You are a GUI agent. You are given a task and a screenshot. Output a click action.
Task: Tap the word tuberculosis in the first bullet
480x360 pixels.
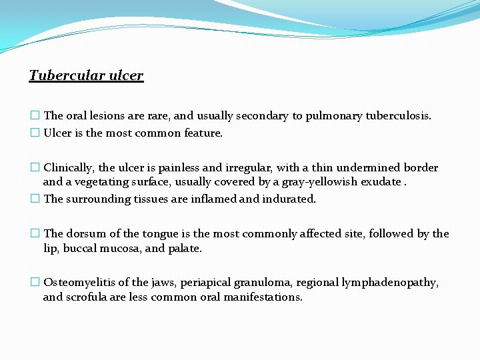point(397,116)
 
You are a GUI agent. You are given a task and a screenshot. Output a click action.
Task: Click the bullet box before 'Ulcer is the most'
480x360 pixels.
point(35,133)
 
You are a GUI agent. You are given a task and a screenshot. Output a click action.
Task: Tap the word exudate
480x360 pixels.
point(381,182)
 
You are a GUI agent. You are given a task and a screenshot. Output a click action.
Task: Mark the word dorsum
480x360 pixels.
point(86,234)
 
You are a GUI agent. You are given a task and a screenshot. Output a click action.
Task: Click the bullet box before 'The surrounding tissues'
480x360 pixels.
point(35,199)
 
